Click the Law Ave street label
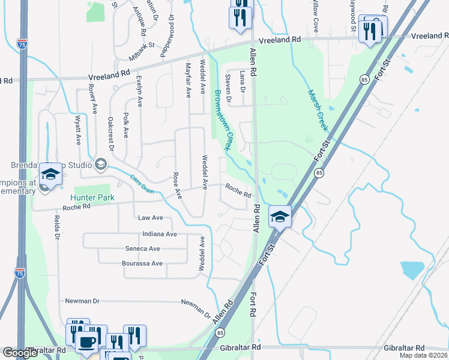coord(151,218)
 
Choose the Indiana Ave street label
coord(160,234)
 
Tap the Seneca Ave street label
coord(142,248)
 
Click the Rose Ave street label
coord(177,185)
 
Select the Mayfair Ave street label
coord(188,80)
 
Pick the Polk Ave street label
coord(126,125)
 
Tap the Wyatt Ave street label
coord(78,131)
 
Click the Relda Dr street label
coord(58,228)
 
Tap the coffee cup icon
coord(87,343)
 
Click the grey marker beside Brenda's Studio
coord(101,164)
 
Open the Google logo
coord(20,353)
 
